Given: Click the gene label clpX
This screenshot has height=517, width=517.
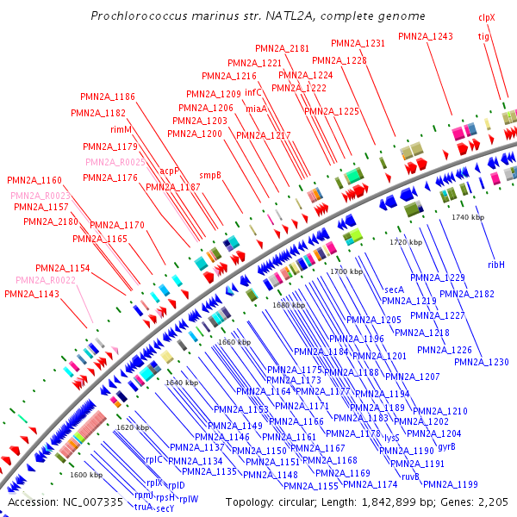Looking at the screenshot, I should point(487,17).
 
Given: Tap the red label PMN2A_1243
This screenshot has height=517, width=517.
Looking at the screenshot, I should point(426,36).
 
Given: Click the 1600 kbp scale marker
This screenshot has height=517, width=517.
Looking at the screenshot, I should point(85,475).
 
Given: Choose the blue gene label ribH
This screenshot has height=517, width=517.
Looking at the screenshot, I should point(496,264).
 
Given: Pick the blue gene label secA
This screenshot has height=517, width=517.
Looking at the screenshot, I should point(395,290).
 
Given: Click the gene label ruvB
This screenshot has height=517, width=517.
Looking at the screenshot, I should point(410,477).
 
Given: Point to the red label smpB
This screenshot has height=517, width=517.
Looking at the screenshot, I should point(210,174).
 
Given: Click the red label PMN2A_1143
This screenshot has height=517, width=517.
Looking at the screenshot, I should point(32,295).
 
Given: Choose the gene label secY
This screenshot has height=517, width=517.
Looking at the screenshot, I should point(165,508).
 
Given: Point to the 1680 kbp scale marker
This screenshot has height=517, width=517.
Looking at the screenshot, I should point(289,305).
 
